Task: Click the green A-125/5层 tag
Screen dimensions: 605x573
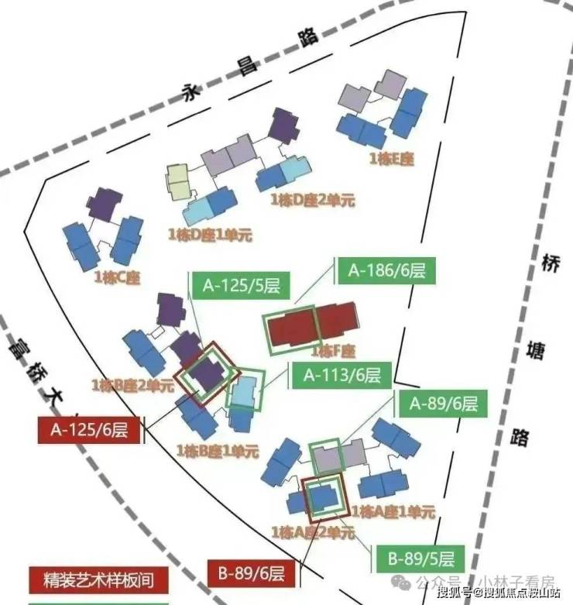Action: click(x=241, y=285)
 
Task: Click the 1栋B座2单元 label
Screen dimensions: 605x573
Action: click(x=132, y=385)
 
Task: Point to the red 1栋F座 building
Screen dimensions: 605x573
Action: click(x=313, y=327)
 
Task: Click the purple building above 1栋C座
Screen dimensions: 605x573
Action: click(x=104, y=204)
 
